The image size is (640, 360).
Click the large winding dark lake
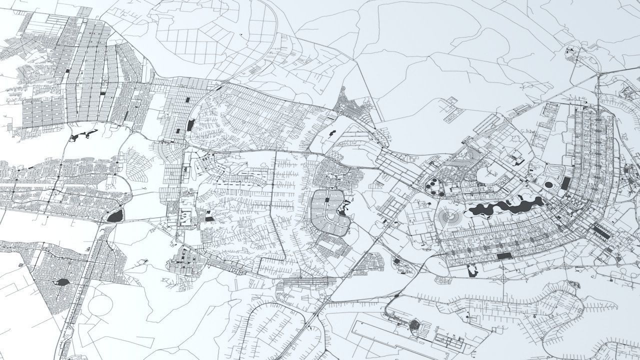coord(505,206)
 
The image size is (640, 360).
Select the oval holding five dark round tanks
coord(435,188)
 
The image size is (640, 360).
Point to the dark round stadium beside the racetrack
coord(549,185)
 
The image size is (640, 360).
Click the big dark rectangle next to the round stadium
coord(565,183)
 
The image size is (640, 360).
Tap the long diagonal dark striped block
coord(601,232)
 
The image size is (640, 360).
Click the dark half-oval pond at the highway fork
coord(115,215)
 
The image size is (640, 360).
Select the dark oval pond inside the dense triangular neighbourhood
coord(62,282)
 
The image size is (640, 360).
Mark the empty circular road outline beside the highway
coord(102,304)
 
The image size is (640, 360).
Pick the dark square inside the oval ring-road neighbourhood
coord(327,200)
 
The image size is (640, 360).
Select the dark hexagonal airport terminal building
coord(416,326)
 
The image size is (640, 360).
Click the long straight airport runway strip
coord(395,336)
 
